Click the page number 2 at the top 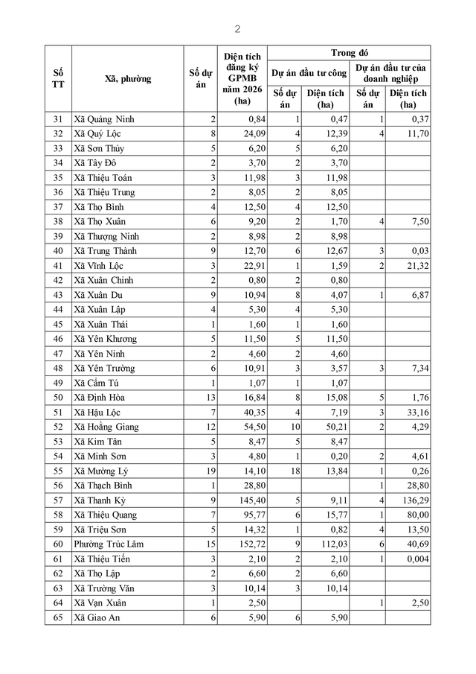(237, 29)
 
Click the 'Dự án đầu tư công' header (307, 73)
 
